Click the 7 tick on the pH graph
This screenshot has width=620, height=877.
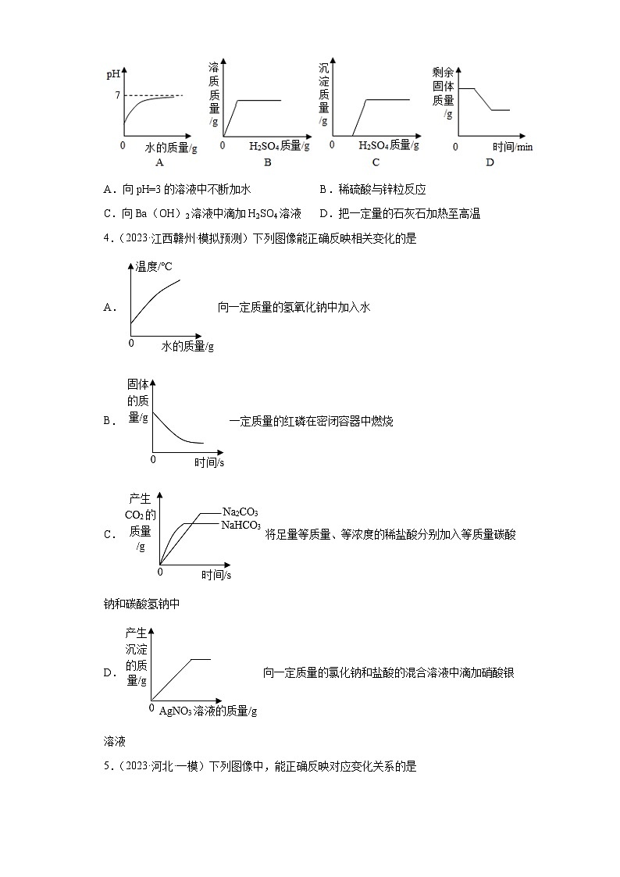[117, 95]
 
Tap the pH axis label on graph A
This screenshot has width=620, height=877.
[113, 75]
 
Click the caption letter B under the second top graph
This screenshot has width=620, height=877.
[267, 162]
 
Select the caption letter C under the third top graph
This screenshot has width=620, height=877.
[376, 162]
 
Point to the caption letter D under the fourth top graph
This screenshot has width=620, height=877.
[490, 162]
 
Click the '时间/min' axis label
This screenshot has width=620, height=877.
[512, 147]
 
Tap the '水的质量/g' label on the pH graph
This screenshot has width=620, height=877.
[172, 147]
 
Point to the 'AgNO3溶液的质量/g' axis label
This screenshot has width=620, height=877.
[208, 711]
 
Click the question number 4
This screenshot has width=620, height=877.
[106, 240]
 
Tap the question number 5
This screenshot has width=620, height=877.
[106, 767]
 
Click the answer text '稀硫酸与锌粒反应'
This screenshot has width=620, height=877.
[382, 190]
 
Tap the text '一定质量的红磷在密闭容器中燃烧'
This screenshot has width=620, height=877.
[311, 422]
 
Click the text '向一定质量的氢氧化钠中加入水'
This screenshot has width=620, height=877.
[293, 308]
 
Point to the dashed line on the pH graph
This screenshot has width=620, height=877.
[156, 95]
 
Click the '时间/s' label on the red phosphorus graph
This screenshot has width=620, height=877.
[209, 462]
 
